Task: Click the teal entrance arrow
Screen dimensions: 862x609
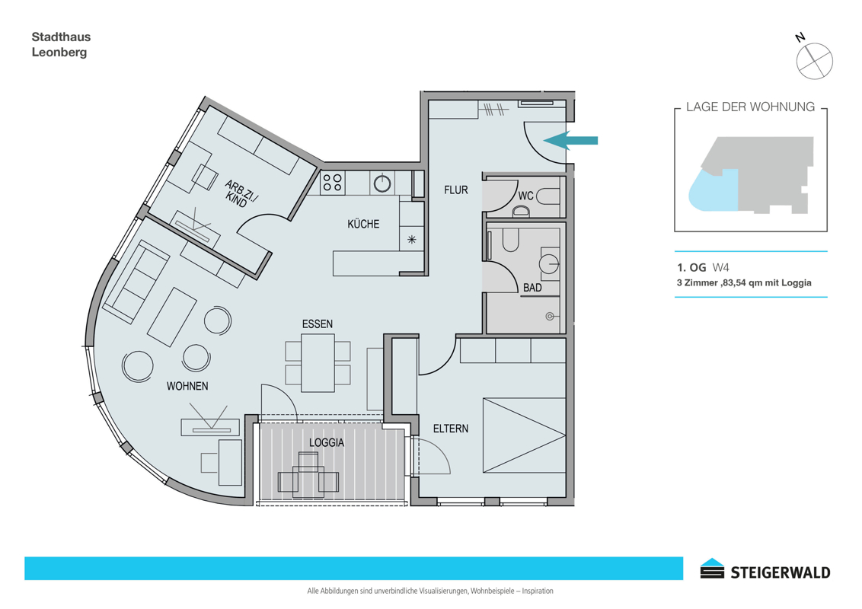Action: [570, 140]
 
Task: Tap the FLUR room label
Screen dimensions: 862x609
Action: [455, 190]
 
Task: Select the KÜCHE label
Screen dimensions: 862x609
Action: [363, 224]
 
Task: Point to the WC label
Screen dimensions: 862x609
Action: [525, 196]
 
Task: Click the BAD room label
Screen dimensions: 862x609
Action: [532, 288]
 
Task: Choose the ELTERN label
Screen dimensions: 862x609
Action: [451, 429]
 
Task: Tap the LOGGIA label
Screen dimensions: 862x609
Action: [327, 442]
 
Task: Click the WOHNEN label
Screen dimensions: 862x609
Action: [187, 387]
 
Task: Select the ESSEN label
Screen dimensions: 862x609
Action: [318, 324]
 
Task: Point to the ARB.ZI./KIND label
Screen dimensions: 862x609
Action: [240, 193]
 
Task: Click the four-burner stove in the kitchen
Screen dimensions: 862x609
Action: [332, 183]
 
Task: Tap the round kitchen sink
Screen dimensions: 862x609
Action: [382, 183]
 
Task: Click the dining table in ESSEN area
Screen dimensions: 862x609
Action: [318, 363]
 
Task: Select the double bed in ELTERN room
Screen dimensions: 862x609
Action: [524, 435]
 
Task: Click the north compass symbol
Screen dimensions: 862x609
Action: [814, 60]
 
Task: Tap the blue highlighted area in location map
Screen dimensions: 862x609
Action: [713, 190]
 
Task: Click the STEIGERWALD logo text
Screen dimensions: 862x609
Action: [780, 572]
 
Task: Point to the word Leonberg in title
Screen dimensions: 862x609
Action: [59, 53]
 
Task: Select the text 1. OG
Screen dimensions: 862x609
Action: [691, 268]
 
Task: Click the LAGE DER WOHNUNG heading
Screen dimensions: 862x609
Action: [750, 107]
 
